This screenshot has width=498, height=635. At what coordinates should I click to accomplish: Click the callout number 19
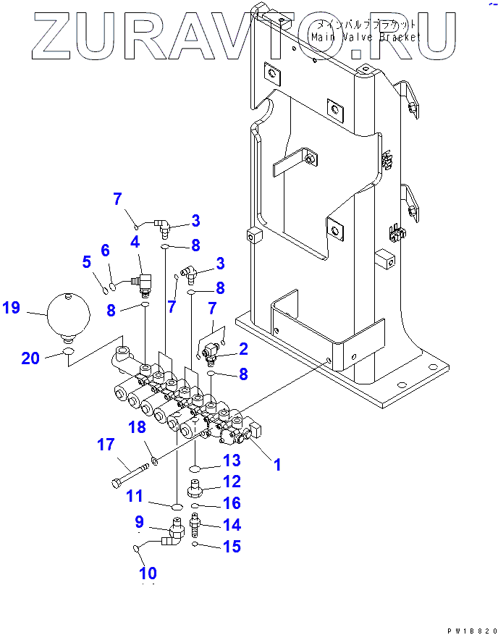pyautogui.click(x=11, y=308)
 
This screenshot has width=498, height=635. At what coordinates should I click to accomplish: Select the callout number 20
pyautogui.click(x=30, y=357)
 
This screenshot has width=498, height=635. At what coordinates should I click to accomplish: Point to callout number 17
pyautogui.click(x=106, y=444)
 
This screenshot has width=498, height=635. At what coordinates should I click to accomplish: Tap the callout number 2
pyautogui.click(x=243, y=349)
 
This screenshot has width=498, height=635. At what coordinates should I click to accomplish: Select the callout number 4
pyautogui.click(x=135, y=242)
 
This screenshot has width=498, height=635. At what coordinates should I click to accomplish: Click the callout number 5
pyautogui.click(x=86, y=262)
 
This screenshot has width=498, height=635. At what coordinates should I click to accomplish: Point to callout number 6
pyautogui.click(x=105, y=251)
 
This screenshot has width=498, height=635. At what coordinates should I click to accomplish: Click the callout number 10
pyautogui.click(x=148, y=574)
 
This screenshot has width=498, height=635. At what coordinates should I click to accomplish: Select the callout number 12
pyautogui.click(x=232, y=481)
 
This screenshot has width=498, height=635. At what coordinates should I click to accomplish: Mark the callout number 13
pyautogui.click(x=231, y=460)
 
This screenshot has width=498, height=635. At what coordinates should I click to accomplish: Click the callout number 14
pyautogui.click(x=232, y=525)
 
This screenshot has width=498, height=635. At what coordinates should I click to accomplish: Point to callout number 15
pyautogui.click(x=232, y=547)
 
